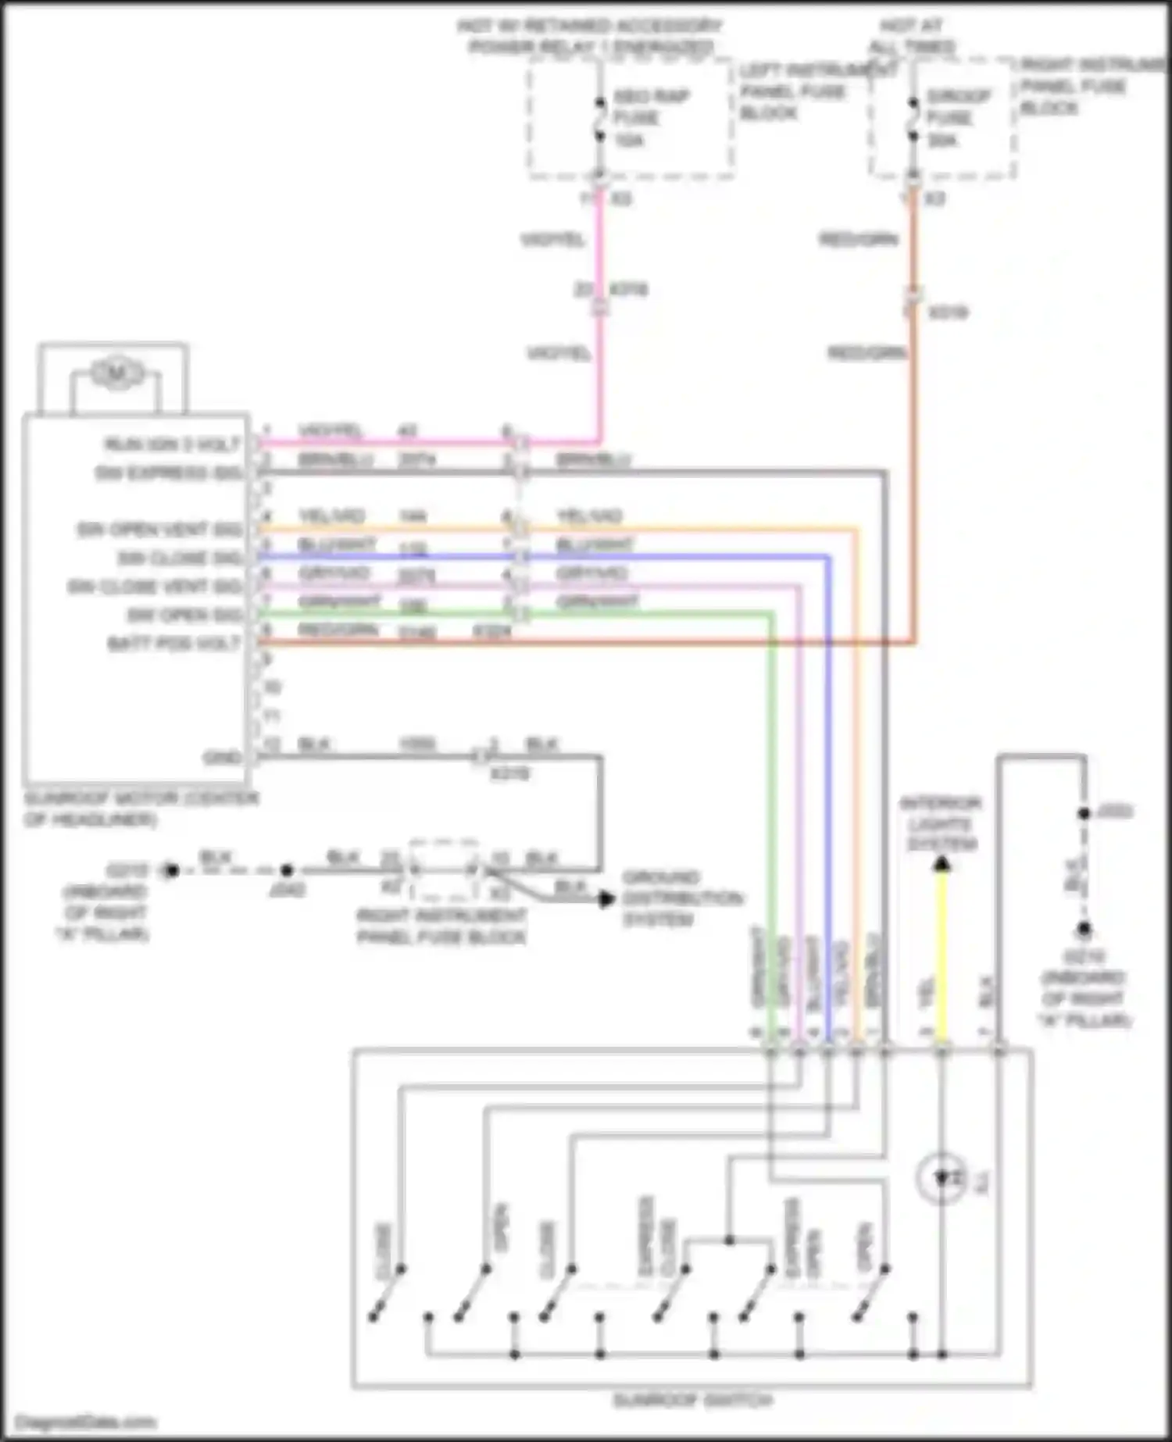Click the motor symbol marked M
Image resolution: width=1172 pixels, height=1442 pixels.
click(x=116, y=373)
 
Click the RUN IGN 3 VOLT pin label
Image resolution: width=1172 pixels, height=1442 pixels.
click(x=173, y=444)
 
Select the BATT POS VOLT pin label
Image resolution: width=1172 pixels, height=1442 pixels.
click(x=173, y=644)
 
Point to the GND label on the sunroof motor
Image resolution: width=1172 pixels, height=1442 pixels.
click(x=222, y=758)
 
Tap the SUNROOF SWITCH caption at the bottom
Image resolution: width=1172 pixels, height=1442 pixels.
click(x=692, y=1401)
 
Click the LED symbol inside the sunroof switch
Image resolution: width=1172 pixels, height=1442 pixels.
click(x=942, y=1178)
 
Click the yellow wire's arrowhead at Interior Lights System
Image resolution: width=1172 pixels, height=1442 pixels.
click(x=942, y=864)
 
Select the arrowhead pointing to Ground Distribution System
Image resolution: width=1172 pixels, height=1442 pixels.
click(x=606, y=899)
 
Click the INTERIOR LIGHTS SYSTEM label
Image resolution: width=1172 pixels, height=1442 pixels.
click(x=942, y=824)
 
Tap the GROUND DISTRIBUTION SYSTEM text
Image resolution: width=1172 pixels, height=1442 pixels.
click(x=681, y=898)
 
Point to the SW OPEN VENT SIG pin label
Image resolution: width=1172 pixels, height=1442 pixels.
click(x=159, y=530)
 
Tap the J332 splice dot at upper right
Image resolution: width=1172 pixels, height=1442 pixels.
click(x=1084, y=813)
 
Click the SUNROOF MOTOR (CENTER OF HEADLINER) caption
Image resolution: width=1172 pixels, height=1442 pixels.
click(x=141, y=808)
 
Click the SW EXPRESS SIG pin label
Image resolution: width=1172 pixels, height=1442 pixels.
click(x=169, y=473)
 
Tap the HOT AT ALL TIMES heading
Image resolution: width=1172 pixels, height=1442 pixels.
click(x=913, y=37)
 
